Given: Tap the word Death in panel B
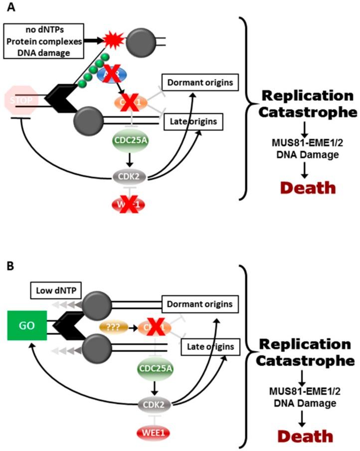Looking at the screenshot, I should [306, 437].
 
